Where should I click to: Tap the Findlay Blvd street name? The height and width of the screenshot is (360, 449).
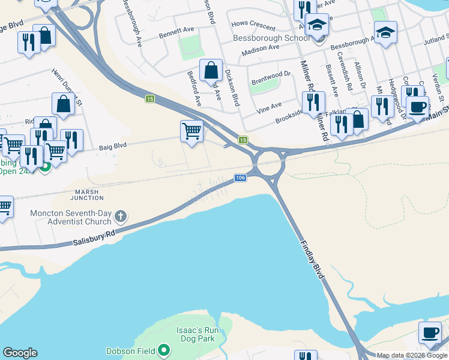(311, 257)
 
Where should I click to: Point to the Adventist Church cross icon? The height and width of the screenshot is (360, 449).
(121, 215)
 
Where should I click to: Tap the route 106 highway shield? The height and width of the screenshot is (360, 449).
(240, 178)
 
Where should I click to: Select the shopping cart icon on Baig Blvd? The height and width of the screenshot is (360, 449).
(191, 130)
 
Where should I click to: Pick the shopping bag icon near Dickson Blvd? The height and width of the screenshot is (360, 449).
(211, 70)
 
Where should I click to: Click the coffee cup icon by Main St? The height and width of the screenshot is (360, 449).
(417, 107)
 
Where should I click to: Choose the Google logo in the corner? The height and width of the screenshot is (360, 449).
(20, 353)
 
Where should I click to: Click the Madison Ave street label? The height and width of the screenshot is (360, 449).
(261, 50)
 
